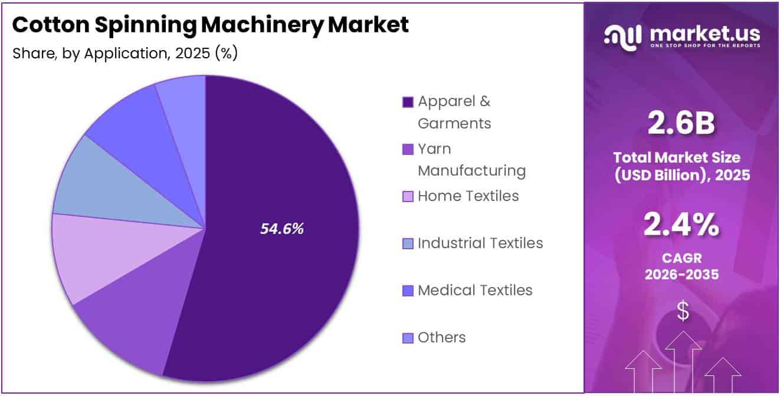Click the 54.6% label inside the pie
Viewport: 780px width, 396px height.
tap(282, 229)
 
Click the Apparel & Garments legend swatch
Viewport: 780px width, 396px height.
tap(408, 103)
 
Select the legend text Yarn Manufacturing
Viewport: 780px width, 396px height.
tap(471, 160)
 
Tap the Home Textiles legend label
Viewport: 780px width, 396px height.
tap(468, 196)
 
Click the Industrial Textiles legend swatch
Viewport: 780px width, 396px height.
tap(408, 244)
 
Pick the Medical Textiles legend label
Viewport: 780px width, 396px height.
tap(475, 290)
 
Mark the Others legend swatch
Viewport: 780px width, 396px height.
tap(408, 338)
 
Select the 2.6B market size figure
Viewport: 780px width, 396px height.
tap(681, 123)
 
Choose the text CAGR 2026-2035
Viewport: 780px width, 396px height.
tap(681, 266)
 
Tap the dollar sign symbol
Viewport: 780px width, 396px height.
tap(683, 311)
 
